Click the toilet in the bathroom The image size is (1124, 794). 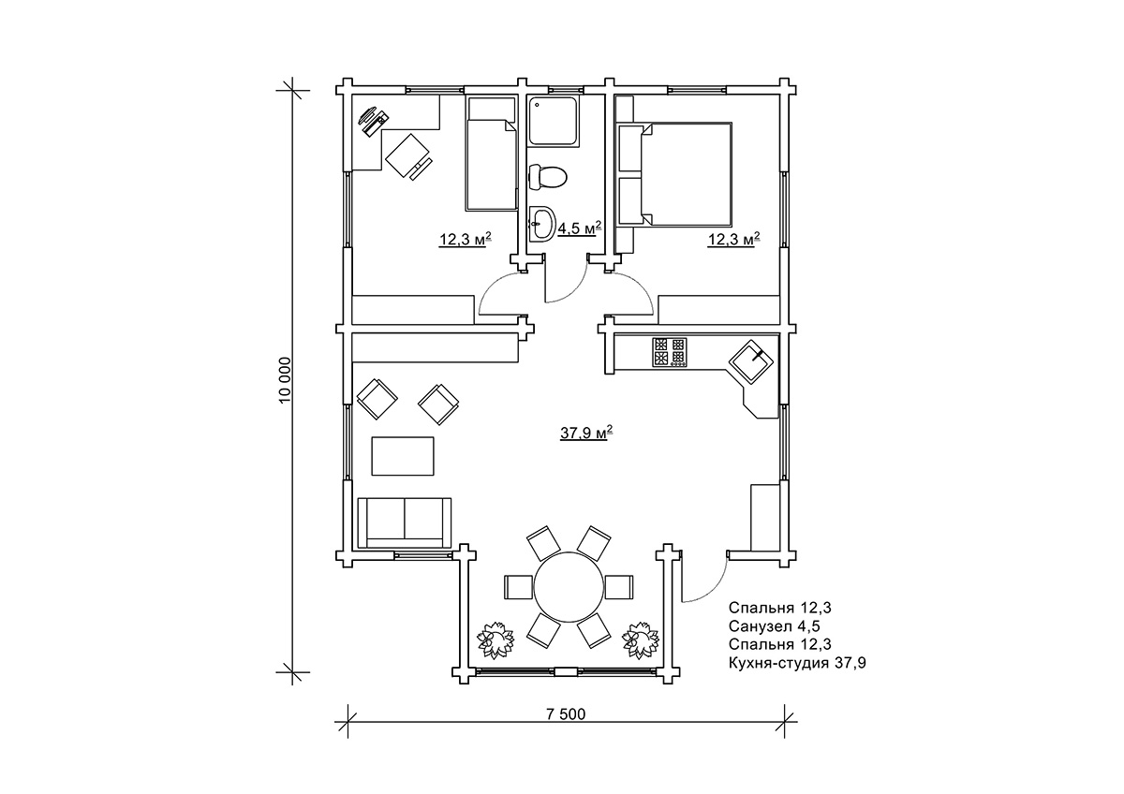[547, 177]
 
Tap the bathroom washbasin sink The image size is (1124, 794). [542, 223]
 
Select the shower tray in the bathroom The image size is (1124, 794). [554, 122]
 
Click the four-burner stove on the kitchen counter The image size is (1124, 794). [670, 352]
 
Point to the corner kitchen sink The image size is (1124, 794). [750, 361]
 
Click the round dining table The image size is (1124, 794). [569, 586]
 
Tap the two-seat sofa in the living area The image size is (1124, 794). [405, 523]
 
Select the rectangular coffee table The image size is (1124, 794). [403, 456]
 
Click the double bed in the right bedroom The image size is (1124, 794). [675, 173]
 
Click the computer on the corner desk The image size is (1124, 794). [374, 121]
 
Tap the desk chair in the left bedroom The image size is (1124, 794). [408, 156]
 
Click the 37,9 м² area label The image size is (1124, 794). [586, 432]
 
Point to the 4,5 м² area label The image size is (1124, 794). [579, 228]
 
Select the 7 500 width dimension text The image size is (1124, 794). [566, 713]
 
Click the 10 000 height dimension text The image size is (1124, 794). [285, 380]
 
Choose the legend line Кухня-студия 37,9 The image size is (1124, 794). [797, 663]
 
